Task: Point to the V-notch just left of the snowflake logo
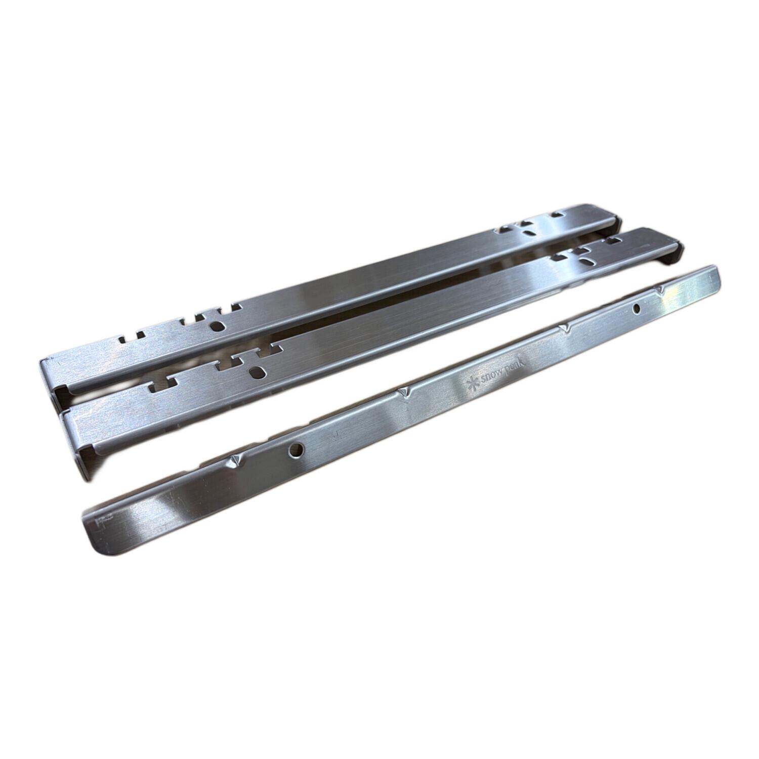(405, 392)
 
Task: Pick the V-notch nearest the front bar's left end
(234, 459)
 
